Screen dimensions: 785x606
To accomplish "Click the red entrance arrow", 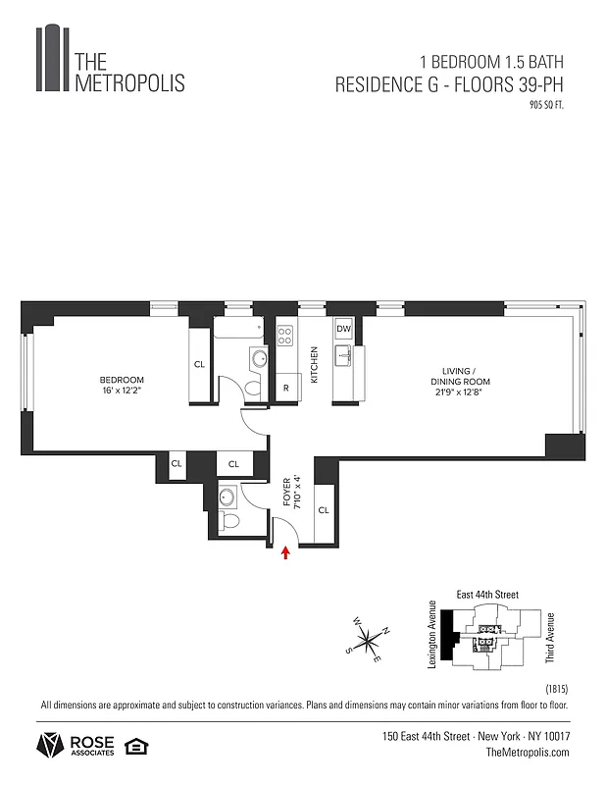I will (285, 553).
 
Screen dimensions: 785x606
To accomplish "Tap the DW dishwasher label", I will (344, 329).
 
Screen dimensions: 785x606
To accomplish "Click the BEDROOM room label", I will (121, 380).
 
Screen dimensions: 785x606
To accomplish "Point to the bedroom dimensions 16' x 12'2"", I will (121, 391).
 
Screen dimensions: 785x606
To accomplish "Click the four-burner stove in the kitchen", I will (285, 336).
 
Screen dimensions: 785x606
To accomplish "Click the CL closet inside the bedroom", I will (199, 364).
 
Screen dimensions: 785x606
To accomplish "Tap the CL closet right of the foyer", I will (323, 510).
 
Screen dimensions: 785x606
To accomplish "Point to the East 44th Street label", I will (487, 595).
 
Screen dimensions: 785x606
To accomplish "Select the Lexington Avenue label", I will (431, 635).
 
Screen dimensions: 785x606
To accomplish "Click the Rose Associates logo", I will (76, 746).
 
